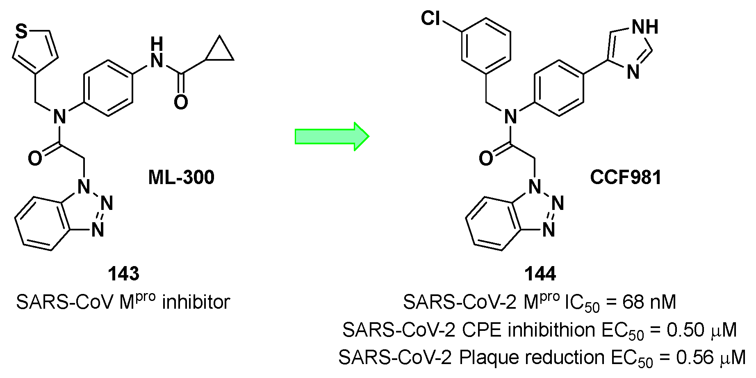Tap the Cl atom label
(x=431, y=18)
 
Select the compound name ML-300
(x=181, y=178)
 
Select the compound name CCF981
(x=626, y=178)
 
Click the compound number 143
(x=123, y=273)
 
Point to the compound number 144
(x=542, y=273)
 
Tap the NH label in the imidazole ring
(x=645, y=27)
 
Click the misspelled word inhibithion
(x=551, y=330)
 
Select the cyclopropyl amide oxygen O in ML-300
(x=181, y=102)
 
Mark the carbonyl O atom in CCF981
(x=485, y=159)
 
